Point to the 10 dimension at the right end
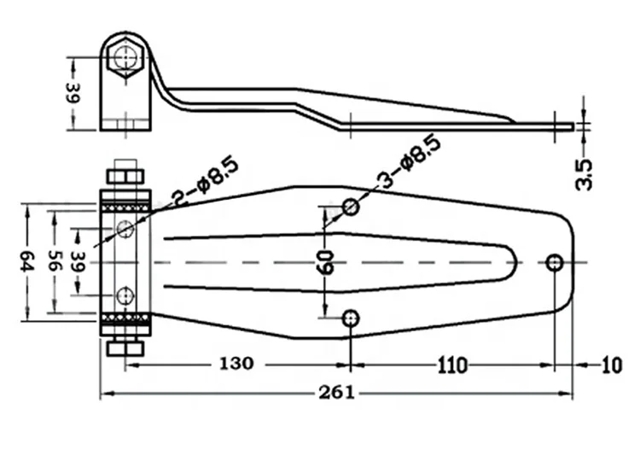(x=612, y=365)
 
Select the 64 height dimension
(x=27, y=261)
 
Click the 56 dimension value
(x=55, y=261)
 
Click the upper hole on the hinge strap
(x=351, y=206)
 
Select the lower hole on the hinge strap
(x=351, y=319)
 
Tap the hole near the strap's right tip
(x=555, y=261)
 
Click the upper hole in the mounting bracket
(x=126, y=228)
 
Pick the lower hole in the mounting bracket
(x=126, y=296)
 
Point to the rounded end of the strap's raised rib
(x=511, y=261)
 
